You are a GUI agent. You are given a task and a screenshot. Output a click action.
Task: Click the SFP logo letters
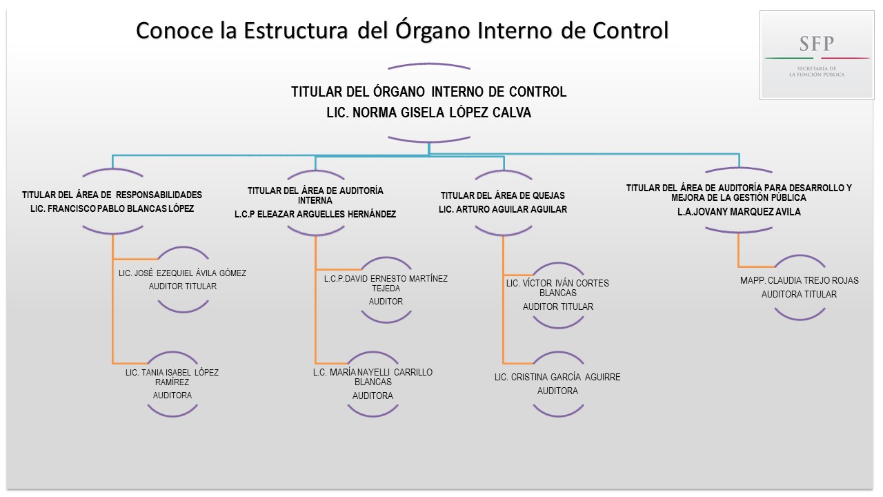817,44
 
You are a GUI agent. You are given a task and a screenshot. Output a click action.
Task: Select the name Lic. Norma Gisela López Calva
428,113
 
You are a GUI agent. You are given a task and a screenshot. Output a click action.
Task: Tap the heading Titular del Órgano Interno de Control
428,92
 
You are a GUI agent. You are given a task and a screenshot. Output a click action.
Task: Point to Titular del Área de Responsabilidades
112,195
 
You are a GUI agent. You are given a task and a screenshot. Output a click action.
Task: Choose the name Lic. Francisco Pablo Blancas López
112,208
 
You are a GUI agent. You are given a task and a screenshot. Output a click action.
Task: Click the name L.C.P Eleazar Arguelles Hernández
315,214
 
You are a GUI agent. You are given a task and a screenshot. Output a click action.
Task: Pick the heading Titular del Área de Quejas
502,195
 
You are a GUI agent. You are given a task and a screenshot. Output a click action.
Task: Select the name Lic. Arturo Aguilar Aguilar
502,209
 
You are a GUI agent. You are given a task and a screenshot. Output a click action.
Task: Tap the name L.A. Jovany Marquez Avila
739,212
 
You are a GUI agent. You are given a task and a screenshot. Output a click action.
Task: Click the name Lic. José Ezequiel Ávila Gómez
182,273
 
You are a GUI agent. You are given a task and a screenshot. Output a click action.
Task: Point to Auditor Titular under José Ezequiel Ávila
182,286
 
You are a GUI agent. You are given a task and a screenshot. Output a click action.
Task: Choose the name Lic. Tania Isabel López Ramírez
172,377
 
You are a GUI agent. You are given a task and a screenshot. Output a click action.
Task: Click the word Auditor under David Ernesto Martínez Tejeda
386,302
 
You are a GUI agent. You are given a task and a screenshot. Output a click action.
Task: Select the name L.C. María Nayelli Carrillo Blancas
373,377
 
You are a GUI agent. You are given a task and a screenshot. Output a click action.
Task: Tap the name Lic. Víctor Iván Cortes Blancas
557,288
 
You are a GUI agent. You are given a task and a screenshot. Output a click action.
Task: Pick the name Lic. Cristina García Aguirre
557,377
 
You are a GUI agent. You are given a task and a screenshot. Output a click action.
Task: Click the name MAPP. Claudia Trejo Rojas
799,281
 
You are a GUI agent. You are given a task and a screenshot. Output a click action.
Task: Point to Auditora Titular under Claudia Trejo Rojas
799,294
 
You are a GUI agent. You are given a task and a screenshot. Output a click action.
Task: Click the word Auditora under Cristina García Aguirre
557,391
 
